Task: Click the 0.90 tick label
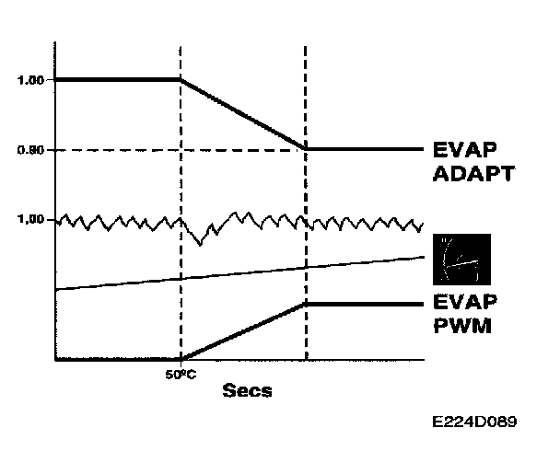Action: (x=32, y=149)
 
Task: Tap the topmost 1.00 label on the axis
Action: (x=32, y=80)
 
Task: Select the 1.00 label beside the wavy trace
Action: (x=32, y=220)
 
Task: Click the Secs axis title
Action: (x=248, y=391)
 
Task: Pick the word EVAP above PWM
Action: (x=464, y=303)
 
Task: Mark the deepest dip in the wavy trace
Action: (x=201, y=244)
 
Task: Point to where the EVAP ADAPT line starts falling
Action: (x=181, y=80)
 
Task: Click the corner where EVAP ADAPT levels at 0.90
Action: (x=305, y=148)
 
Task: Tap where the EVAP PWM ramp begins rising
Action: (x=181, y=359)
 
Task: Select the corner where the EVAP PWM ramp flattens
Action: (x=305, y=303)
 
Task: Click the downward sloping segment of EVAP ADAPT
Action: (x=242, y=114)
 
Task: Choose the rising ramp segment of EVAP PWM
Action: (x=242, y=331)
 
